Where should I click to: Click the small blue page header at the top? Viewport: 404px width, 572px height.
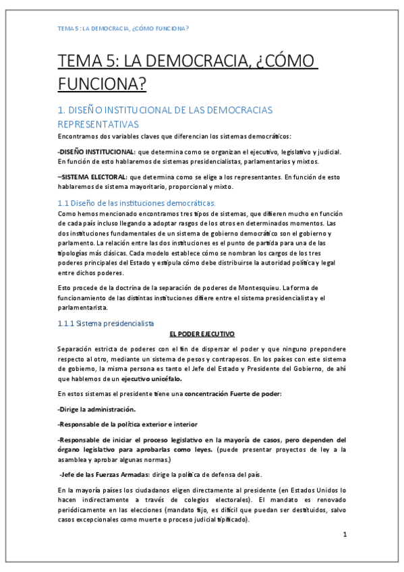tap(122, 29)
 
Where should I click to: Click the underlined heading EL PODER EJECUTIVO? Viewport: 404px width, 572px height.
tap(202, 334)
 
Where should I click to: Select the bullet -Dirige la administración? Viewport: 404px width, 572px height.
tap(96, 409)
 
